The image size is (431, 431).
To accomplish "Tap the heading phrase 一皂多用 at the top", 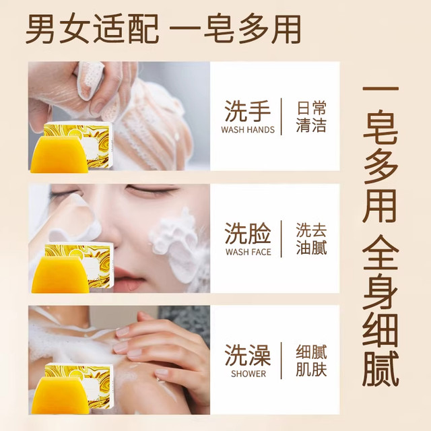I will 234,30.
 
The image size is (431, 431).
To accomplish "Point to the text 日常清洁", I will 311,117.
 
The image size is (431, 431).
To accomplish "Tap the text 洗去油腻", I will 311,238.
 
